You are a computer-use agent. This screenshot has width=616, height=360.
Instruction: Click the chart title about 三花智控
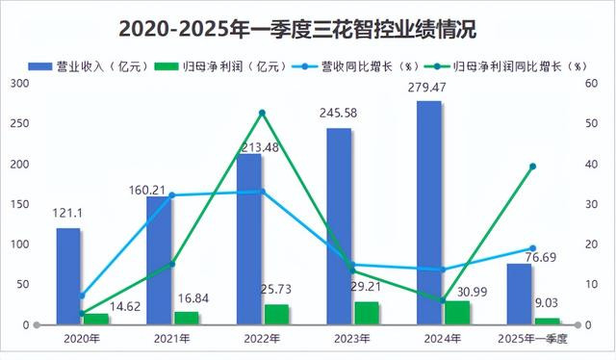pos(297,29)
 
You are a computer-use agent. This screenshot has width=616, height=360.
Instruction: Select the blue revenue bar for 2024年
pos(429,213)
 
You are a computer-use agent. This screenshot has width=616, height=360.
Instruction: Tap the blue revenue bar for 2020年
pos(68,276)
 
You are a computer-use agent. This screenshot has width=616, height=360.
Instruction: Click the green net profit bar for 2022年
pos(276,315)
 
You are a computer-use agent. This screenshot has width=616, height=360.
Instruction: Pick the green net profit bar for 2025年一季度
pos(548,321)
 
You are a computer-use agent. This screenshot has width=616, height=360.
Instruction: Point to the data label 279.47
pos(427,88)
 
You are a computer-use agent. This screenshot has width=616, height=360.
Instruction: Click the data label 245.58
pos(338,114)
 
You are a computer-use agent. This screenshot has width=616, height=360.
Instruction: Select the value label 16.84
pos(193,298)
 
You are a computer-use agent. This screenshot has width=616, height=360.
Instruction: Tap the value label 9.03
pos(547,303)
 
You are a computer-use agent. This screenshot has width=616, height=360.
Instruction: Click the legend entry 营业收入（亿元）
pos(89,66)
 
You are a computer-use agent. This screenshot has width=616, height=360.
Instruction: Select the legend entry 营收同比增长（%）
pos(357,66)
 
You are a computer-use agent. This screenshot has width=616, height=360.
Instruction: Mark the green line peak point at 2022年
pos(263,114)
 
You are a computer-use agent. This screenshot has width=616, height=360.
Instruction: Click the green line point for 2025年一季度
pos(532,167)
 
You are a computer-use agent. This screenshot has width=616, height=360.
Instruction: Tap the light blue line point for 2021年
pos(172,195)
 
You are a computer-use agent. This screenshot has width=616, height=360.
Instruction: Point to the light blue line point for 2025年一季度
pos(532,248)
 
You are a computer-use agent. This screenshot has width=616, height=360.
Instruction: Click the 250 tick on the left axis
pos(19,124)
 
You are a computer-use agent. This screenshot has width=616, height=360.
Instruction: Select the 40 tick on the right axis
pos(591,165)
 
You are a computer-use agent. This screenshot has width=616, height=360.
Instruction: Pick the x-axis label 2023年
pos(352,339)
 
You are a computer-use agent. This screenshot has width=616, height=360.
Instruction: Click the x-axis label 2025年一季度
pos(532,339)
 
